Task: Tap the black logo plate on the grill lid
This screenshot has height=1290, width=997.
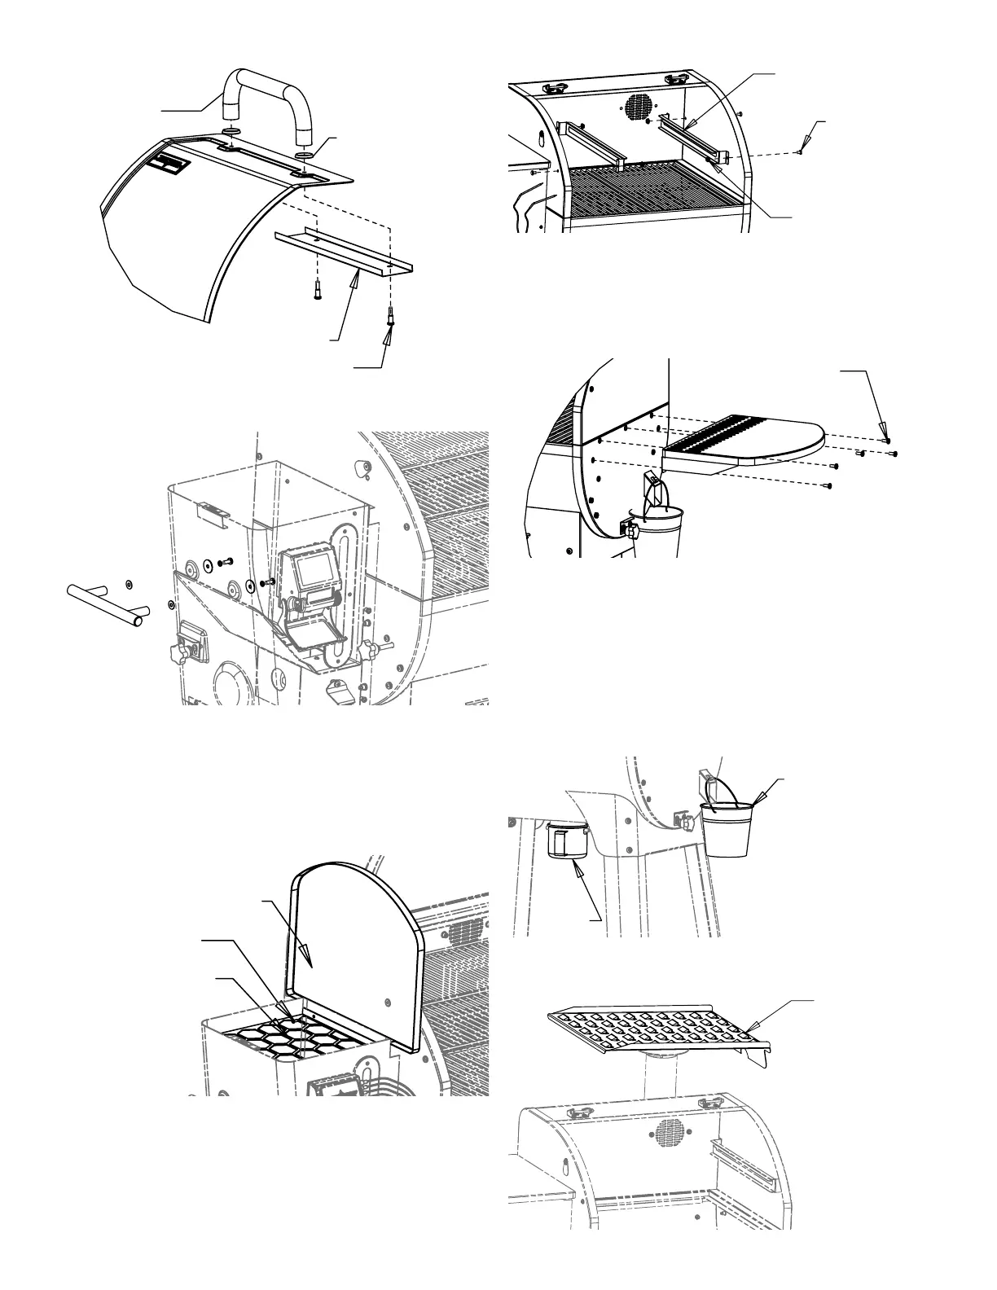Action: click(x=171, y=165)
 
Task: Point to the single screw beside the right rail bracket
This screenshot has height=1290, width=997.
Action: click(x=802, y=151)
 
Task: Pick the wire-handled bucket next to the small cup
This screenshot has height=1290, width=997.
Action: click(x=727, y=828)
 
